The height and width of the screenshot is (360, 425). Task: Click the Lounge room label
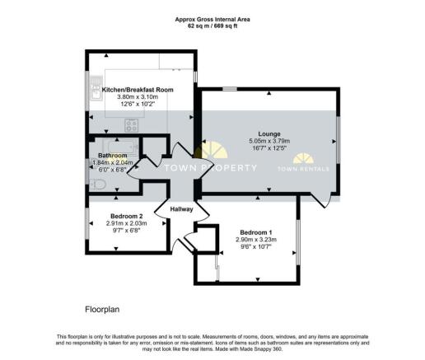click(x=269, y=134)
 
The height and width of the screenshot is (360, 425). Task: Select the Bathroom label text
click(x=113, y=155)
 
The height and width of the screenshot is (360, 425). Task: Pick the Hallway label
click(x=181, y=209)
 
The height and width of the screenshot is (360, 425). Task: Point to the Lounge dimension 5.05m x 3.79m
click(x=269, y=142)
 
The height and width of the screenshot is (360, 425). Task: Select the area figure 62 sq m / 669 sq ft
click(x=212, y=26)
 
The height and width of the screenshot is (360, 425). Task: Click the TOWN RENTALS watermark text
click(x=303, y=168)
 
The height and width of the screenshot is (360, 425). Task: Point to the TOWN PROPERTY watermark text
click(x=212, y=168)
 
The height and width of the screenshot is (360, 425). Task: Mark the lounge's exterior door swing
click(x=325, y=196)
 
